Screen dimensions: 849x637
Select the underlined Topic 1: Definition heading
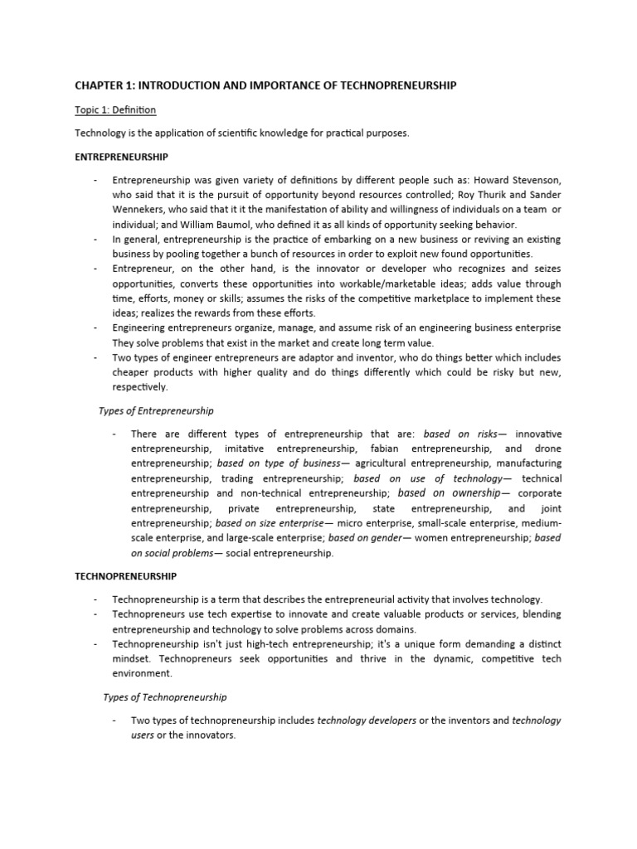(114, 109)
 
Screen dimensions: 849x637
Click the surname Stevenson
(532, 179)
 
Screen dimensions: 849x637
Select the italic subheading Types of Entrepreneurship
(156, 410)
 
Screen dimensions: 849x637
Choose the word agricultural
(389, 463)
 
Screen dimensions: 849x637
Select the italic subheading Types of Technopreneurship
(164, 697)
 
